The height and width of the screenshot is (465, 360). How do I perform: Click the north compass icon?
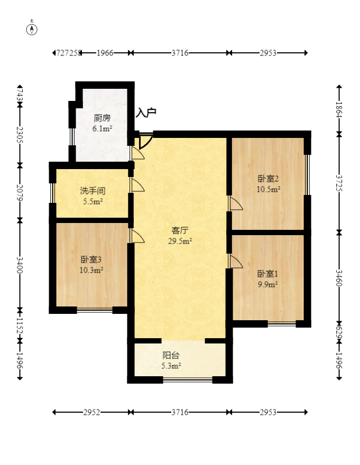point(32,29)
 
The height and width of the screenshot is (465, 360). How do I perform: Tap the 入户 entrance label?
point(146,113)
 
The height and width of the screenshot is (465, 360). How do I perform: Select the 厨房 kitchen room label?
point(102,118)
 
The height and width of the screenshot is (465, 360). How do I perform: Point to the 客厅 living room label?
point(180,230)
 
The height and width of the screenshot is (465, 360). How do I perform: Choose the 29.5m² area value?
point(180,241)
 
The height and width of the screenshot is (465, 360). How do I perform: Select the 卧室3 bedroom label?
point(91,259)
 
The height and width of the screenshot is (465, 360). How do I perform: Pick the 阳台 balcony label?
point(171,355)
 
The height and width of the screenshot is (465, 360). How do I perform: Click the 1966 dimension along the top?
point(105,53)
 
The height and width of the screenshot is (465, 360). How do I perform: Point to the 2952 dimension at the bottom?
point(92,412)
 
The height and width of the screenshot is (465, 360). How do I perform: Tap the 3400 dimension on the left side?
point(20,264)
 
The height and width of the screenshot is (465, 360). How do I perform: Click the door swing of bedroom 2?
point(235,203)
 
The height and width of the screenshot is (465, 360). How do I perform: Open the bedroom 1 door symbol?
point(235,262)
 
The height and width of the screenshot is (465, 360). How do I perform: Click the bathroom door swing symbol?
point(137,185)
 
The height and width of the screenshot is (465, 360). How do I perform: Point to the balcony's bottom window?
point(187,378)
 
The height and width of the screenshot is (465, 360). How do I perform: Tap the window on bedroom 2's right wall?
point(307,174)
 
